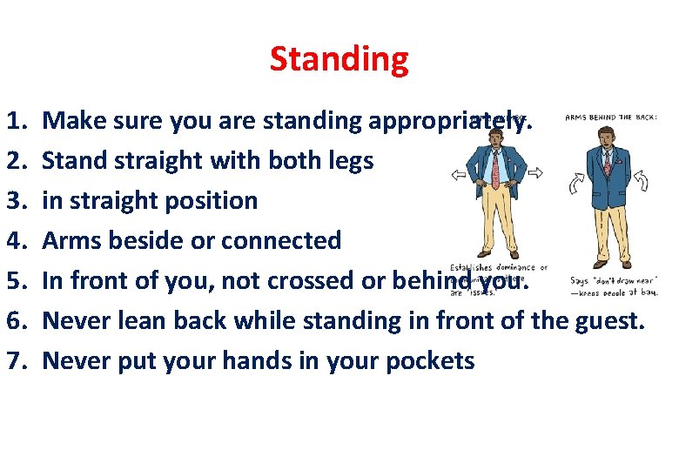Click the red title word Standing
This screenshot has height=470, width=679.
pyautogui.click(x=339, y=59)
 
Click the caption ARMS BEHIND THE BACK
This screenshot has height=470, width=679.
pyautogui.click(x=611, y=117)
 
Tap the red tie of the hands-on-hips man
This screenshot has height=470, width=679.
pyautogui.click(x=495, y=165)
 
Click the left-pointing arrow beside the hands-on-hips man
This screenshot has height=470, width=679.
pyautogui.click(x=458, y=174)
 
